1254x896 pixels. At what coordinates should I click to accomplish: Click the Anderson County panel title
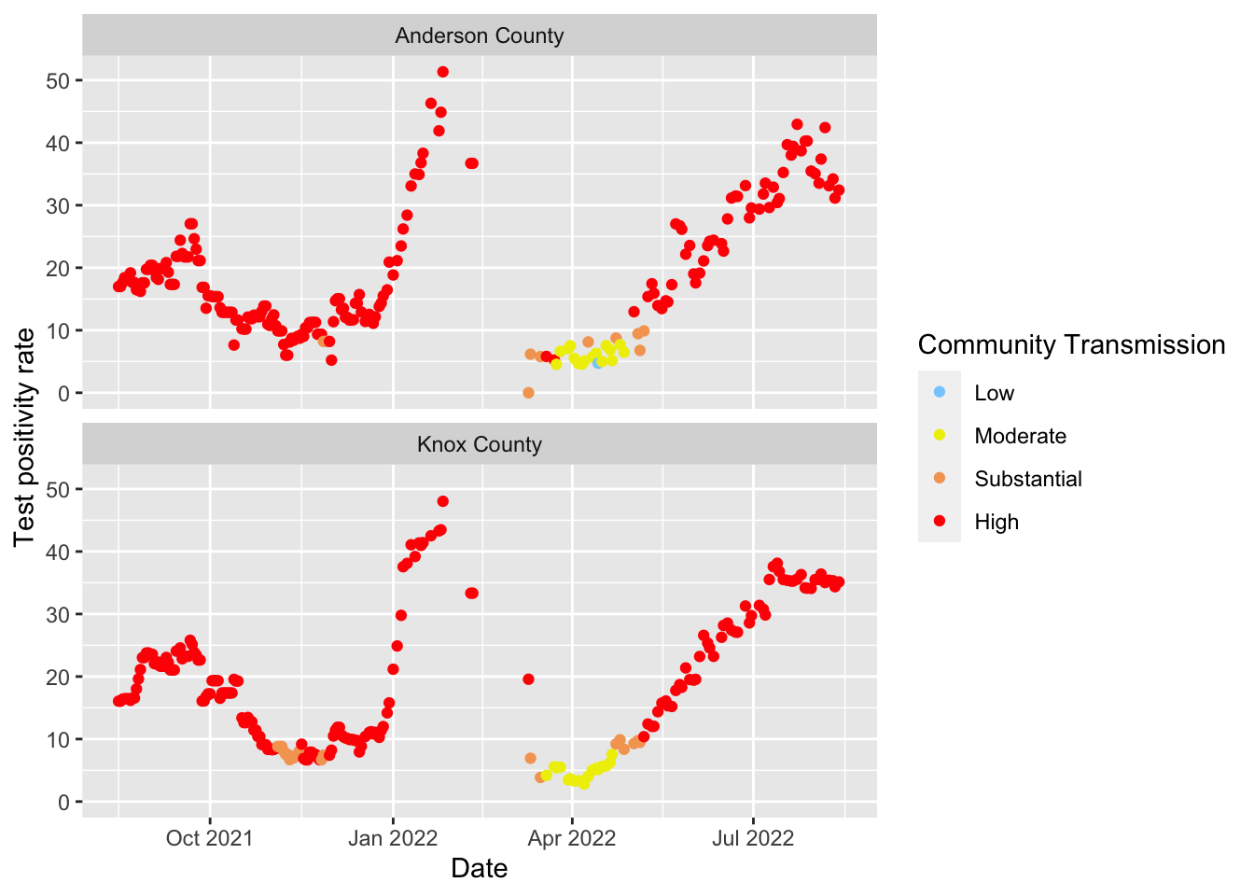[x=479, y=35]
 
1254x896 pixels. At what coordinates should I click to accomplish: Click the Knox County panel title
[x=479, y=444]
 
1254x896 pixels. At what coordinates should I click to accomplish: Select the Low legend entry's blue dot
[x=940, y=392]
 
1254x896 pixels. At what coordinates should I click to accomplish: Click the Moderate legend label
[x=1020, y=436]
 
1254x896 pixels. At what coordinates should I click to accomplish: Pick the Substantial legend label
[x=1028, y=479]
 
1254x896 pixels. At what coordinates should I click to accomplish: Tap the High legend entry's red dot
[x=940, y=522]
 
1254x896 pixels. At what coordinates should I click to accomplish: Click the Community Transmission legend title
[x=1071, y=344]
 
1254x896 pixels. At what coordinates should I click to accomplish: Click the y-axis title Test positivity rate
[x=24, y=437]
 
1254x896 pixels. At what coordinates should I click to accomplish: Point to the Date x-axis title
[x=479, y=868]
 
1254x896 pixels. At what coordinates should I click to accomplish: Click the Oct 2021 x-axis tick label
[x=209, y=837]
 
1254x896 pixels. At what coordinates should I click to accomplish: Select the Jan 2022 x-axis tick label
[x=393, y=837]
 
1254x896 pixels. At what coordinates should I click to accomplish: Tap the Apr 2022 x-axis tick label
[x=572, y=837]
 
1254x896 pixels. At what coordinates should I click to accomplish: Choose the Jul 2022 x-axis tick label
[x=752, y=837]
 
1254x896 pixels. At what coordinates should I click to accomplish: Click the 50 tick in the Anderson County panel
[x=58, y=80]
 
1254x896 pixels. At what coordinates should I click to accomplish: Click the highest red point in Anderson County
[x=443, y=72]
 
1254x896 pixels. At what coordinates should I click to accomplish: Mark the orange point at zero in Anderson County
[x=528, y=393]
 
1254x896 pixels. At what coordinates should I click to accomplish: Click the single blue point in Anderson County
[x=598, y=363]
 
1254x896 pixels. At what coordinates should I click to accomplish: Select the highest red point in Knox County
[x=443, y=501]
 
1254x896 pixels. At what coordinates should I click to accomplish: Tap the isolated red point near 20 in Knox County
[x=528, y=679]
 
